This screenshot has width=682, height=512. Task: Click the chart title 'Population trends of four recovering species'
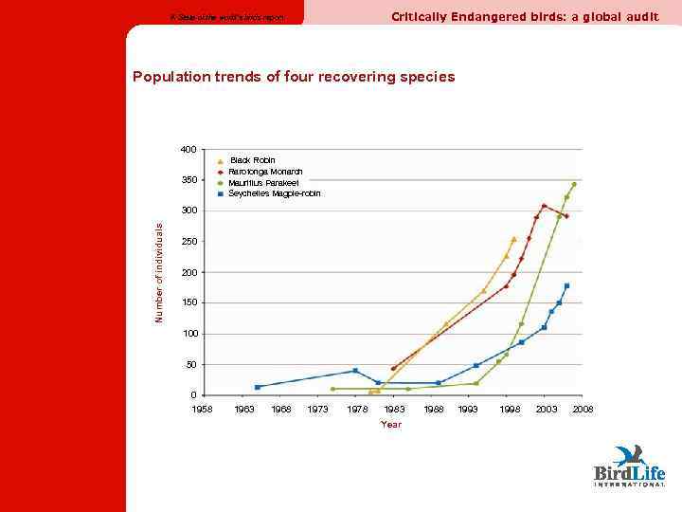pos(294,76)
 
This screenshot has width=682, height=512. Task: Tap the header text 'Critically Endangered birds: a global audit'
pos(525,16)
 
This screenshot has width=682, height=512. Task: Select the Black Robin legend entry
pos(252,160)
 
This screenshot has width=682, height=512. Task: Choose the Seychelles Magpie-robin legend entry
pos(275,193)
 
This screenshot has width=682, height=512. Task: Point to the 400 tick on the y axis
pos(188,150)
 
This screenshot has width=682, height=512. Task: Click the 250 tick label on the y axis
pos(188,242)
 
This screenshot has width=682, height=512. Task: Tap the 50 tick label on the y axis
pos(190,365)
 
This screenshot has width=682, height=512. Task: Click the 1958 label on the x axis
pos(202,409)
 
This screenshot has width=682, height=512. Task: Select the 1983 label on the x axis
pos(395,409)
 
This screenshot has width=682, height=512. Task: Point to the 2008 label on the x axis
pos(583,409)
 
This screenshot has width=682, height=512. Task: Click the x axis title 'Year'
pos(391,425)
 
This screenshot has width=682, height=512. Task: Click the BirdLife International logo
pos(629,466)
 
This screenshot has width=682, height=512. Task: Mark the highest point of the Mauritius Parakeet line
pos(574,184)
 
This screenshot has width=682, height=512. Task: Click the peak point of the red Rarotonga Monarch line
pos(544,206)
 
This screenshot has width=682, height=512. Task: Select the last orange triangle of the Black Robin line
pos(513,239)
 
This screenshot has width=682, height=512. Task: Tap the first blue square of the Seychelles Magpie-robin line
pos(258,387)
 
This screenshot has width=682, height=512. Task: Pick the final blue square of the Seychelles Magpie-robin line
pos(566,285)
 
